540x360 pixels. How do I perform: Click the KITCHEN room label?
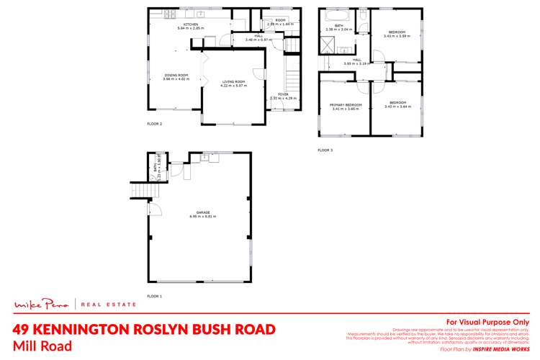point(191,24)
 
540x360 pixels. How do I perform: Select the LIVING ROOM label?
point(233,82)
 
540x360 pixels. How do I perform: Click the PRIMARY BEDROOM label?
point(343,104)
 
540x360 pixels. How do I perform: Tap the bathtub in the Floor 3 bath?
point(335,15)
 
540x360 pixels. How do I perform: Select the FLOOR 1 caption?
point(155,296)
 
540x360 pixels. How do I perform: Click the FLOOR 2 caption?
point(155,124)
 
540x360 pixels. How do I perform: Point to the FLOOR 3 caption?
point(325,150)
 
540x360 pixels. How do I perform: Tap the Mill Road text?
point(42,346)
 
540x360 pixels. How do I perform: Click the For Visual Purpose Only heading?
point(487,322)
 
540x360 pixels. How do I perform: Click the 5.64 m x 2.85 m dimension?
point(191,29)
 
